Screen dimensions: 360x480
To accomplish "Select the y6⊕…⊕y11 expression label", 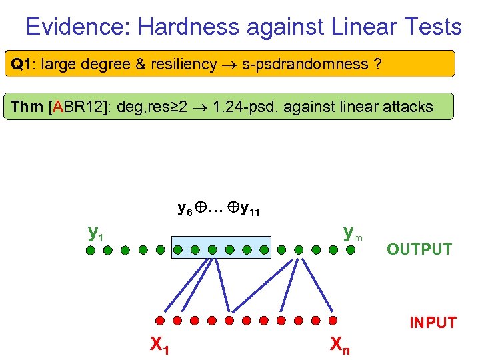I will tap(219, 210).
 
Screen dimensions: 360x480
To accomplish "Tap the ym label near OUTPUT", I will tap(352, 233).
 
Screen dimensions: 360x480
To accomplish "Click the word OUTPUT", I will tap(419, 250).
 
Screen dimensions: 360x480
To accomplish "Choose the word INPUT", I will tap(433, 323).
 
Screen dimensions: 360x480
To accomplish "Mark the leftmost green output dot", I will tap(91, 251).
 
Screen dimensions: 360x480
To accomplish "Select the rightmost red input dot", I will tap(334, 321).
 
